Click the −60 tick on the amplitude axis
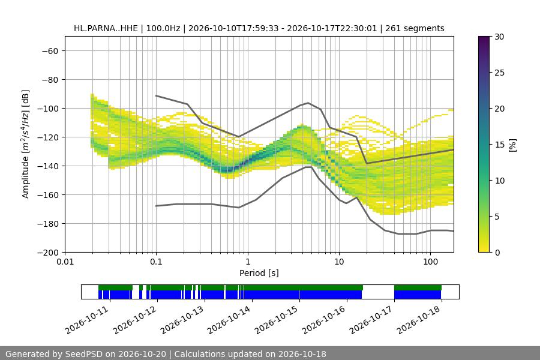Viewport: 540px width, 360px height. tap(50, 51)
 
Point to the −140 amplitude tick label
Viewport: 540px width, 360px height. tap(48, 166)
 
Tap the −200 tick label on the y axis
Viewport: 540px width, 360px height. tap(48, 253)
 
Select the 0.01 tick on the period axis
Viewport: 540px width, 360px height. tap(65, 262)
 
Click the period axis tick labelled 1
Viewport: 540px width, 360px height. tap(248, 262)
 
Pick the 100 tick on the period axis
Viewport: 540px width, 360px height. tap(430, 262)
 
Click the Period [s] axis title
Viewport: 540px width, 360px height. tap(259, 273)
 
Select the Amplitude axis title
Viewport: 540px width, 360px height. tap(26, 144)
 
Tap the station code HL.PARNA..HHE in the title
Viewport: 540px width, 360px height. tap(106, 28)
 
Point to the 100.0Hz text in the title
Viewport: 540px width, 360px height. tap(163, 28)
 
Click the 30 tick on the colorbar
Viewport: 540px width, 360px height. tap(499, 37)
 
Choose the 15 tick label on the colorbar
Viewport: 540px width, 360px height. tap(499, 145)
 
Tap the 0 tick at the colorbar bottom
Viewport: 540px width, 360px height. tap(497, 253)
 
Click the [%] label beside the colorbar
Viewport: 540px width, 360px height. tap(513, 145)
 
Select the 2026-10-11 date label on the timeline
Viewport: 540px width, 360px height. tap(86, 320)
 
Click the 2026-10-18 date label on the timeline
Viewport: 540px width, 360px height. tap(418, 320)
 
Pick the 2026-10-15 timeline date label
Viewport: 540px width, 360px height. tap(276, 320)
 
